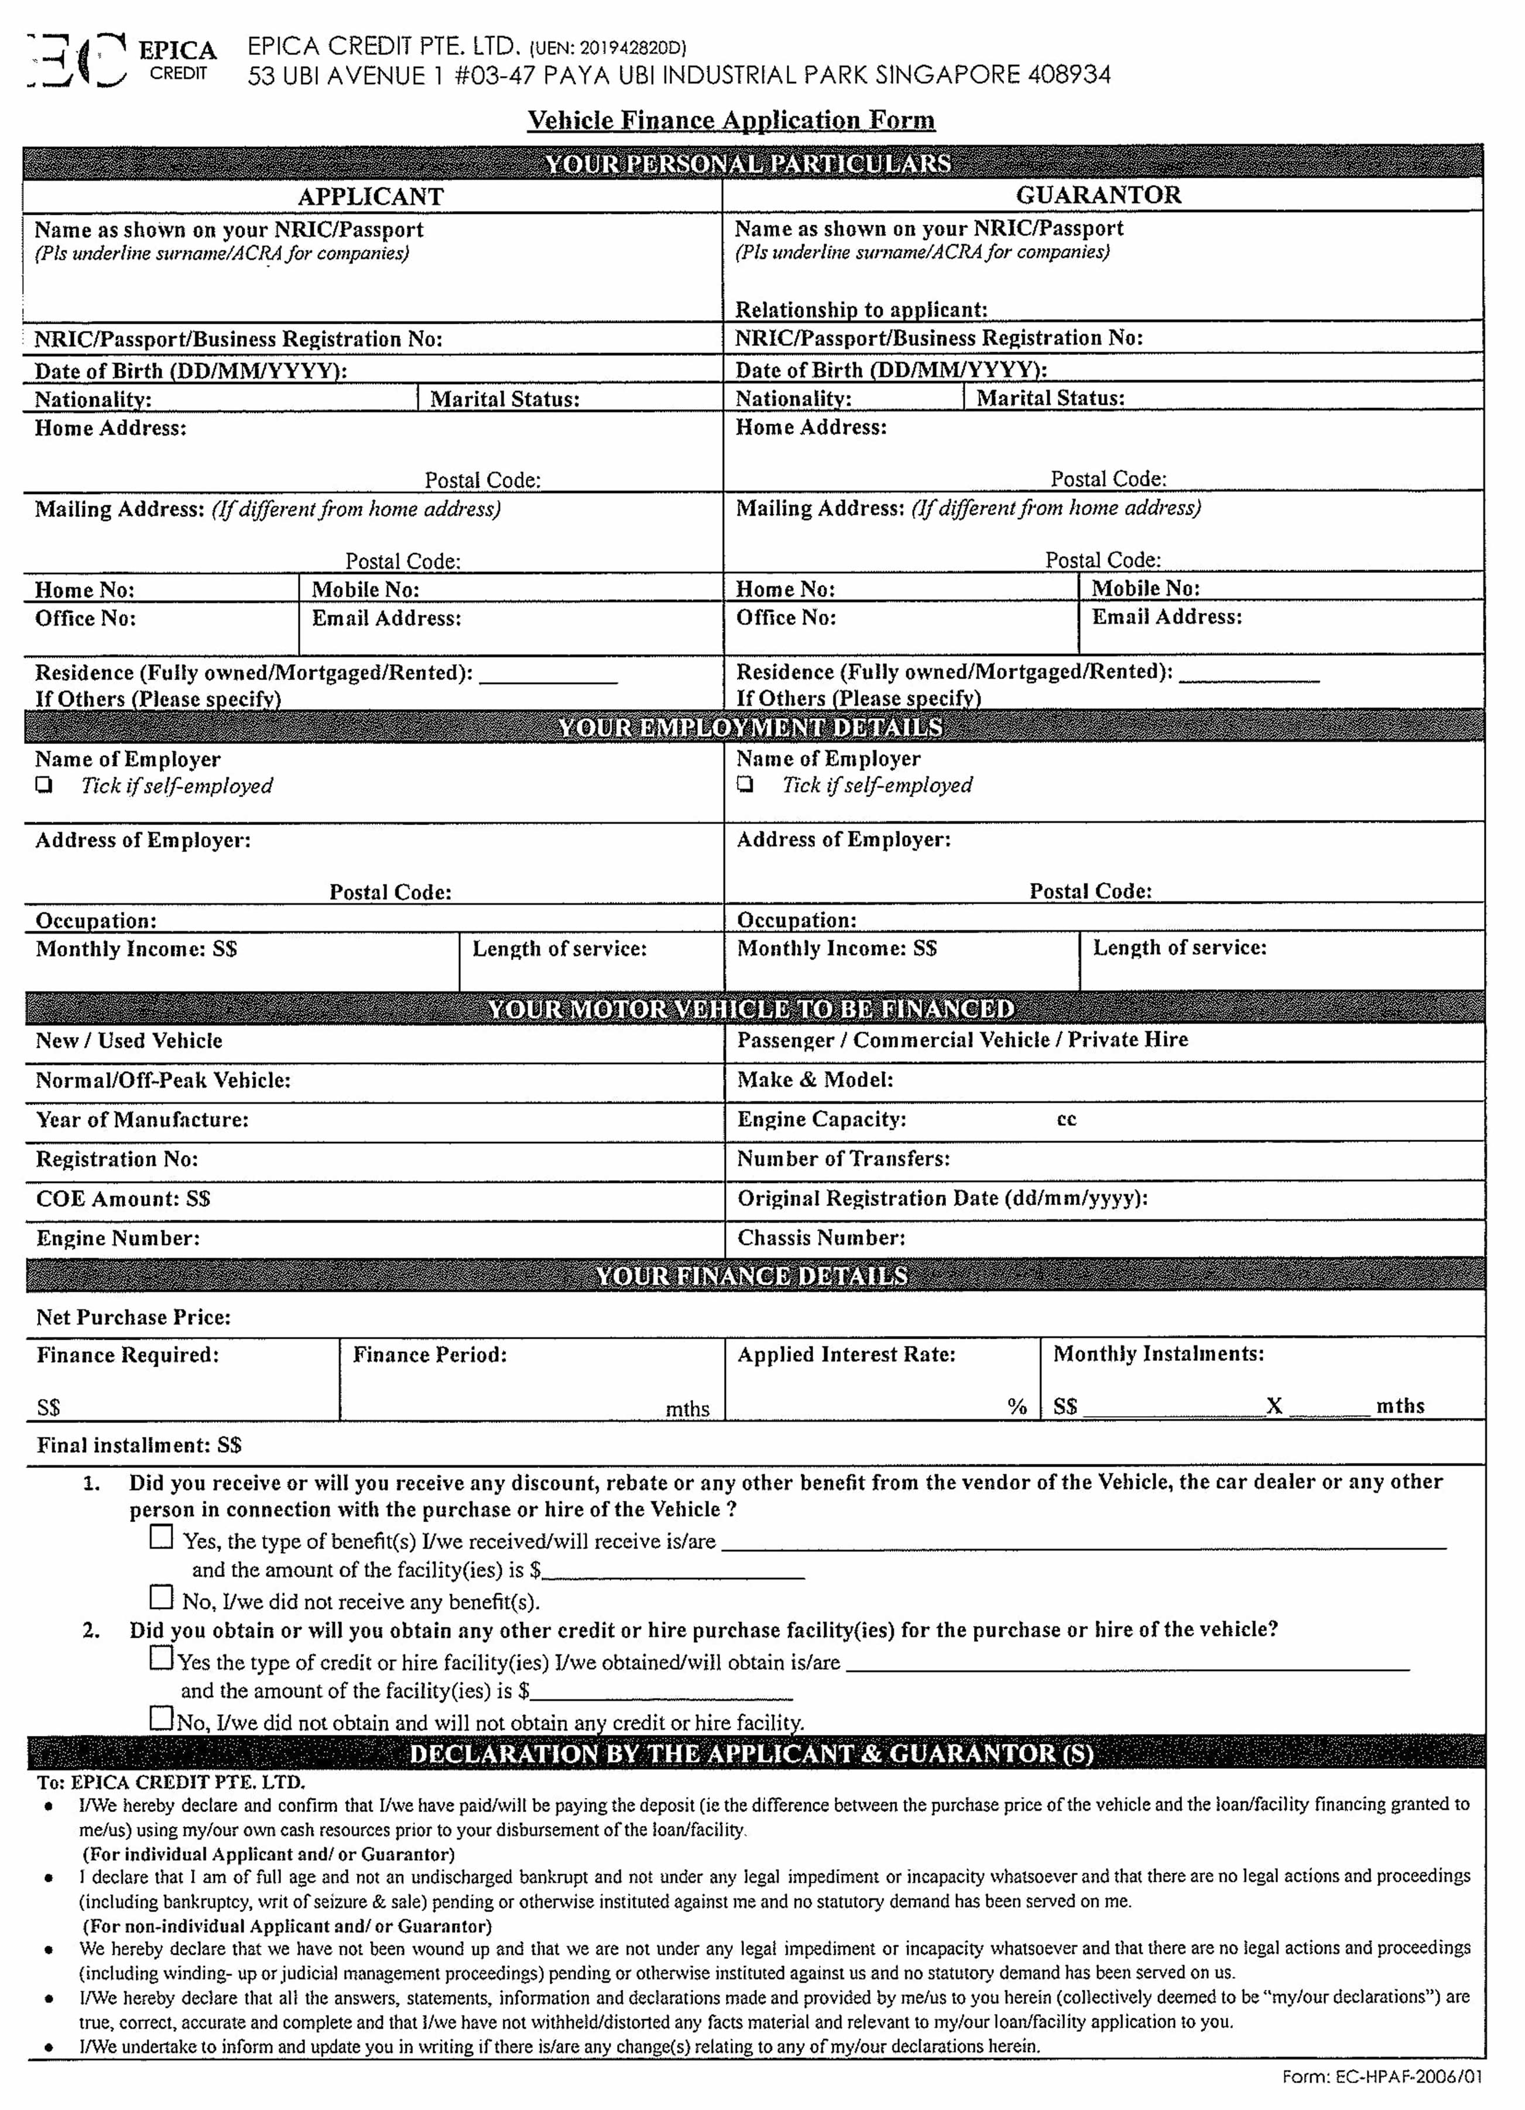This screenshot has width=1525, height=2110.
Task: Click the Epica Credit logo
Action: pyautogui.click(x=121, y=60)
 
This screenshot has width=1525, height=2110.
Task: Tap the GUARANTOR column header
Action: pyautogui.click(x=1098, y=195)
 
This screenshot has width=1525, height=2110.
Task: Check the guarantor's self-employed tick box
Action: pyautogui.click(x=745, y=784)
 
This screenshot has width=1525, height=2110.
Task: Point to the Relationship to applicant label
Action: pyautogui.click(x=861, y=309)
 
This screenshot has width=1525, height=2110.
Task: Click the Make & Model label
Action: pyautogui.click(x=814, y=1080)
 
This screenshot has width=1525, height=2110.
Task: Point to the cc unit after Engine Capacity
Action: pyautogui.click(x=1066, y=1119)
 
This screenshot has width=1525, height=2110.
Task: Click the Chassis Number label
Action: pyautogui.click(x=821, y=1238)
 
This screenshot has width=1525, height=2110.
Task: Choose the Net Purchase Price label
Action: pyautogui.click(x=133, y=1318)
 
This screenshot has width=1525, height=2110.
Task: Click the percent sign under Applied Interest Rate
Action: pyautogui.click(x=1017, y=1406)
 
